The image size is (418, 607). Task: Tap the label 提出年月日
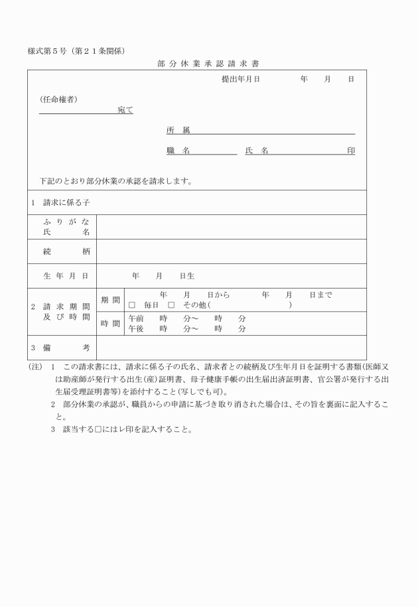[240, 79]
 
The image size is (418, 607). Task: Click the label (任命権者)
[59, 99]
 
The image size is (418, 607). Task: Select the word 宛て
[125, 109]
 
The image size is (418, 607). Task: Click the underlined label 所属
[178, 130]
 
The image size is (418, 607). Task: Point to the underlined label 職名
[178, 151]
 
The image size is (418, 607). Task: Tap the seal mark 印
[350, 151]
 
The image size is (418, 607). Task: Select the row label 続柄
[66, 251]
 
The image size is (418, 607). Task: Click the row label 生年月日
[66, 275]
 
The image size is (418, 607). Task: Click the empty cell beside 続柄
[231, 251]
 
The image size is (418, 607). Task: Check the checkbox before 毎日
[131, 306]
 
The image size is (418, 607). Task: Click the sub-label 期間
[110, 300]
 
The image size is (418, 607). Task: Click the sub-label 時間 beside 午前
[110, 324]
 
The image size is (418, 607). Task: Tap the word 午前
[136, 318]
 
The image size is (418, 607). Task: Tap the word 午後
[136, 328]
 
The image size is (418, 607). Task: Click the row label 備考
[66, 348]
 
